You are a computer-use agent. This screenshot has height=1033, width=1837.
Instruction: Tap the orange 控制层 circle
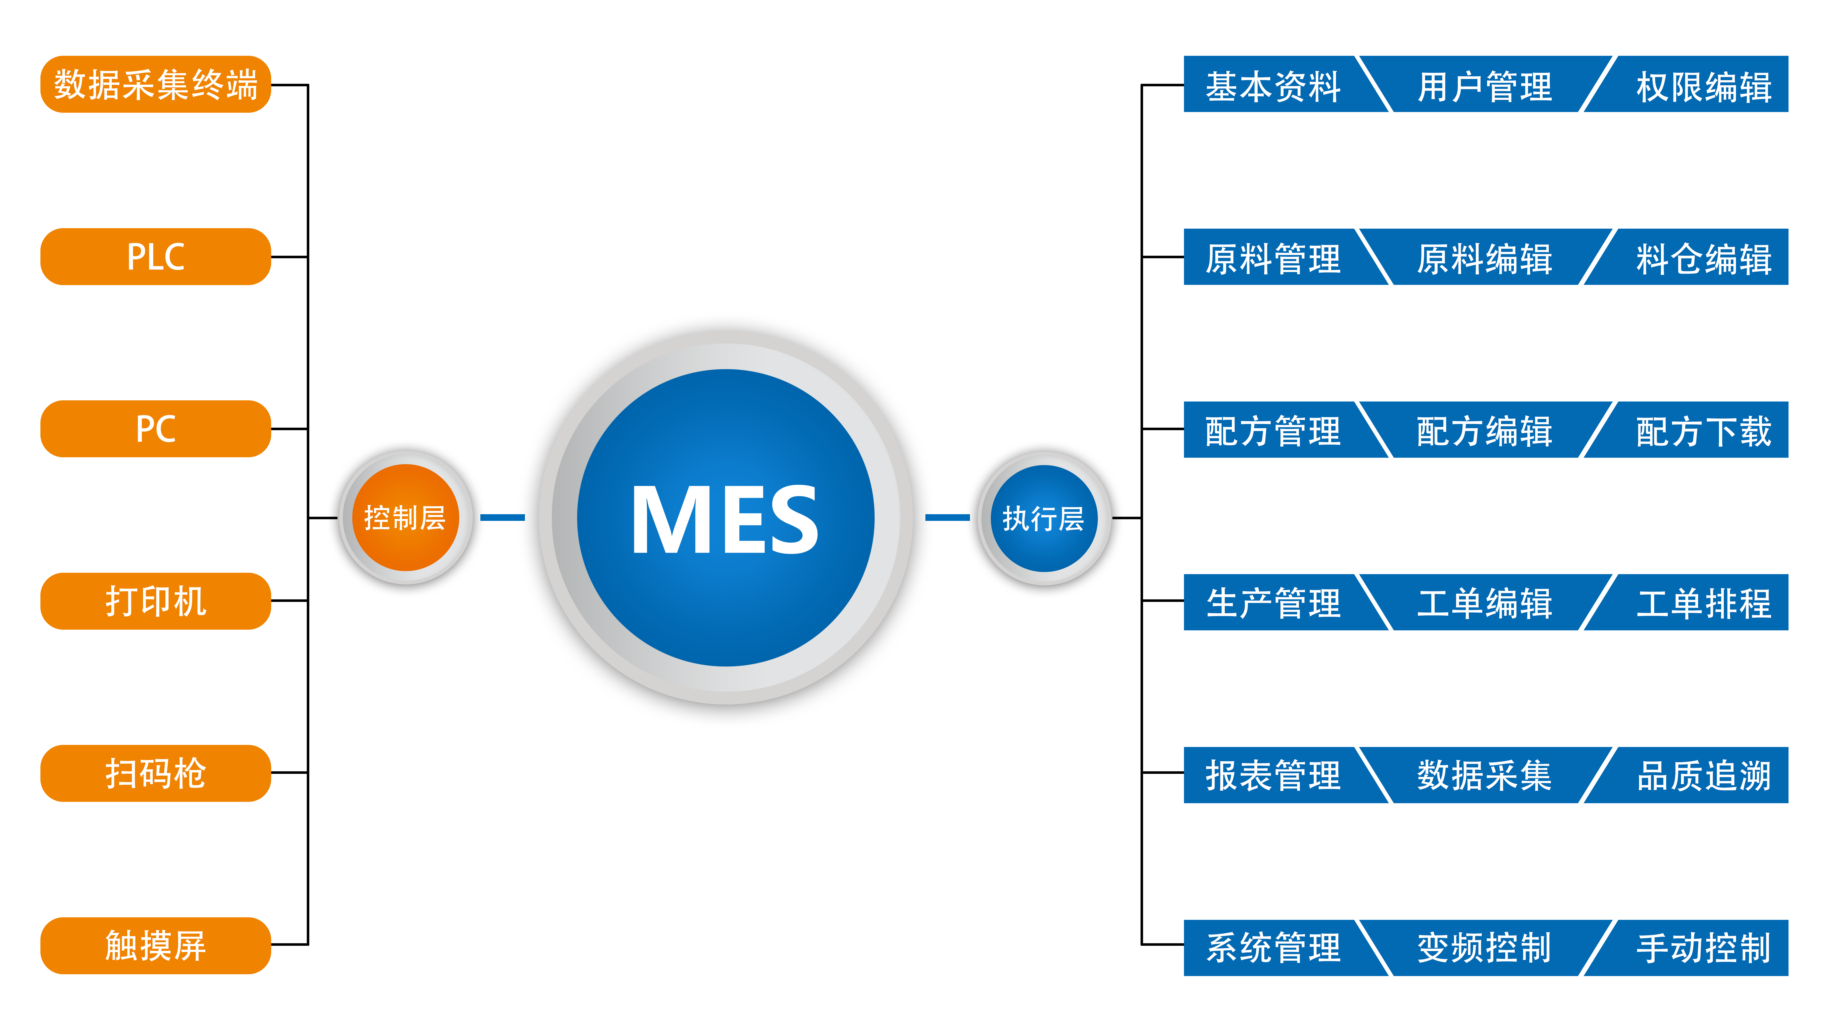(x=405, y=518)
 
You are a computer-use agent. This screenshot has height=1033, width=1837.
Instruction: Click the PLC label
(x=155, y=257)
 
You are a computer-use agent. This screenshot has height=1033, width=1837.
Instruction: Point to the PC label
(x=155, y=429)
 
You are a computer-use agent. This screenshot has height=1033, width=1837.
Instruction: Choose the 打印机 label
(x=155, y=601)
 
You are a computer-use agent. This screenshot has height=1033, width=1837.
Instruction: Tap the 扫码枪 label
(x=155, y=774)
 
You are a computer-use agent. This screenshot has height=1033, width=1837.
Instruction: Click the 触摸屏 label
(x=155, y=946)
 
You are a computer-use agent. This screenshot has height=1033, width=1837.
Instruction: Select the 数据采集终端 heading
(x=155, y=85)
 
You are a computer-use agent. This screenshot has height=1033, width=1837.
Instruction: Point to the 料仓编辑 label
(x=1704, y=259)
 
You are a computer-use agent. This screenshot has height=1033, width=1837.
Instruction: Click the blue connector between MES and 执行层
(x=947, y=518)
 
